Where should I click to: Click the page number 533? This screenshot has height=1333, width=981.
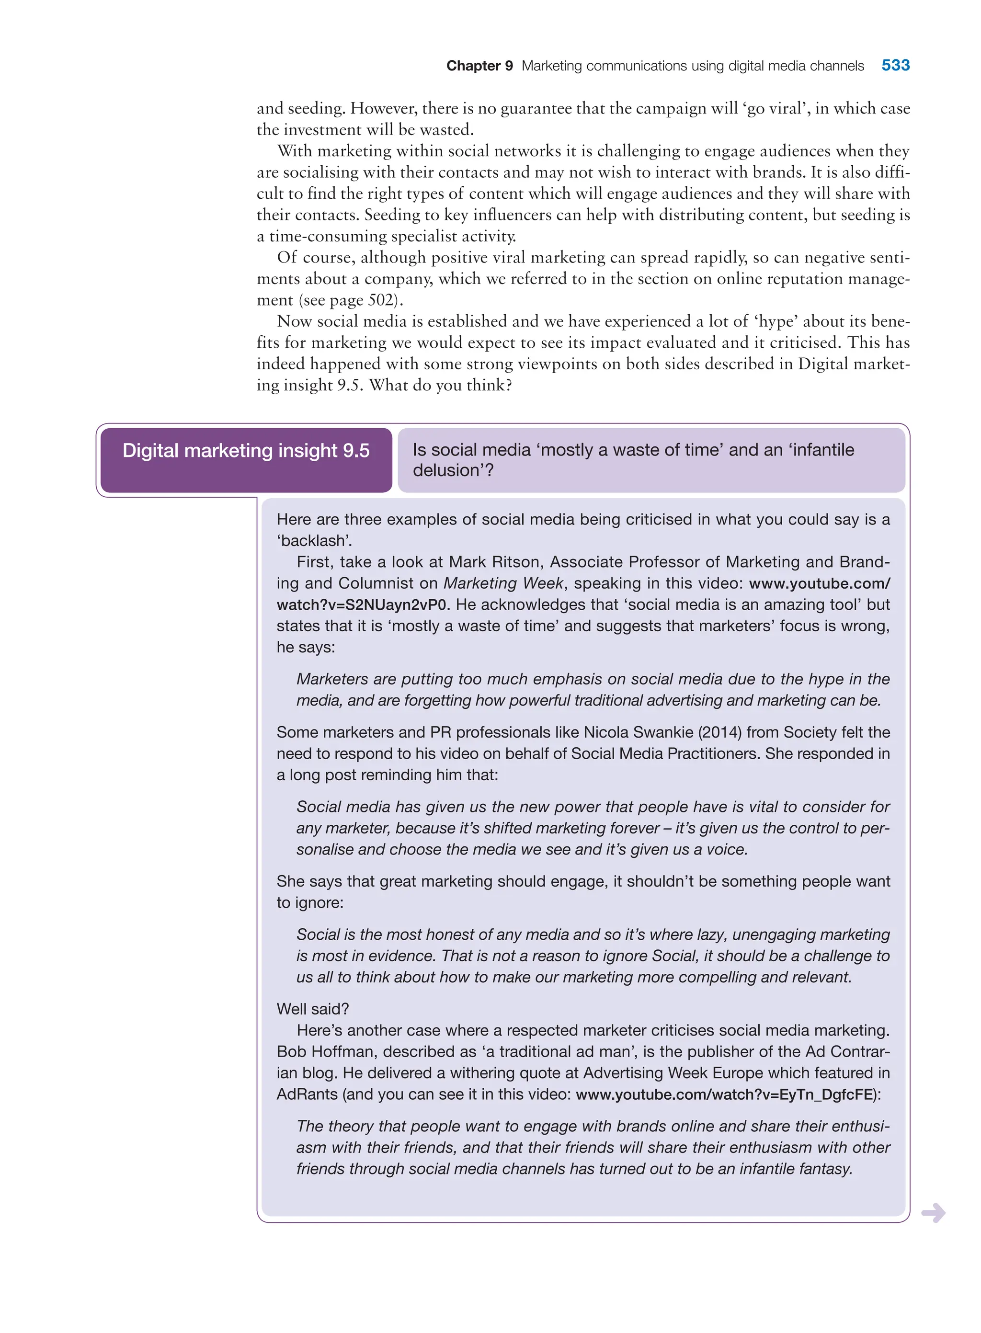(895, 65)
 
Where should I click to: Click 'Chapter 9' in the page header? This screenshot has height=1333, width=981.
(479, 66)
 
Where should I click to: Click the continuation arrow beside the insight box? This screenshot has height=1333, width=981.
(933, 1212)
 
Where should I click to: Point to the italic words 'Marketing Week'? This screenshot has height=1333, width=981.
(503, 583)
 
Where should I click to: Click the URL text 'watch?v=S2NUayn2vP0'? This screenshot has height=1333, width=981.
(361, 604)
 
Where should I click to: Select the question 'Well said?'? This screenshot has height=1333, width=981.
(312, 1009)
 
